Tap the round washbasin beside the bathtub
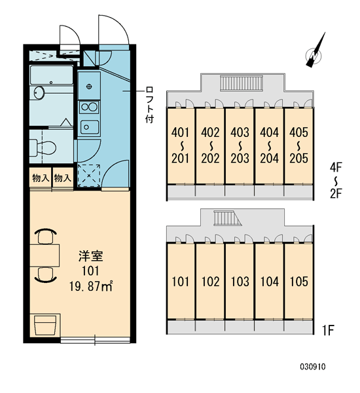pyautogui.click(x=39, y=93)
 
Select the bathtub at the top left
pyautogui.click(x=51, y=75)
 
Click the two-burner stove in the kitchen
pyautogui.click(x=89, y=107)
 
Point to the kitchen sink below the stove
pyautogui.click(x=89, y=127)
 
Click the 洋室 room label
pyautogui.click(x=91, y=256)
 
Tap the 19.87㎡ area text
pyautogui.click(x=91, y=286)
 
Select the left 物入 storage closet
pyautogui.click(x=41, y=178)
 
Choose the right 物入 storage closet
pyautogui.click(x=63, y=178)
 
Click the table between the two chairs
pyautogui.click(x=45, y=255)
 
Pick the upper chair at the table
pyautogui.click(x=46, y=236)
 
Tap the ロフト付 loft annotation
pyautogui.click(x=149, y=105)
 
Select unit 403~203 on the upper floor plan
pyautogui.click(x=240, y=145)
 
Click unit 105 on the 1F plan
pyautogui.click(x=298, y=281)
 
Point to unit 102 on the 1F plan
pyautogui.click(x=211, y=281)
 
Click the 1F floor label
pyautogui.click(x=328, y=330)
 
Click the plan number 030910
pyautogui.click(x=313, y=367)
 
